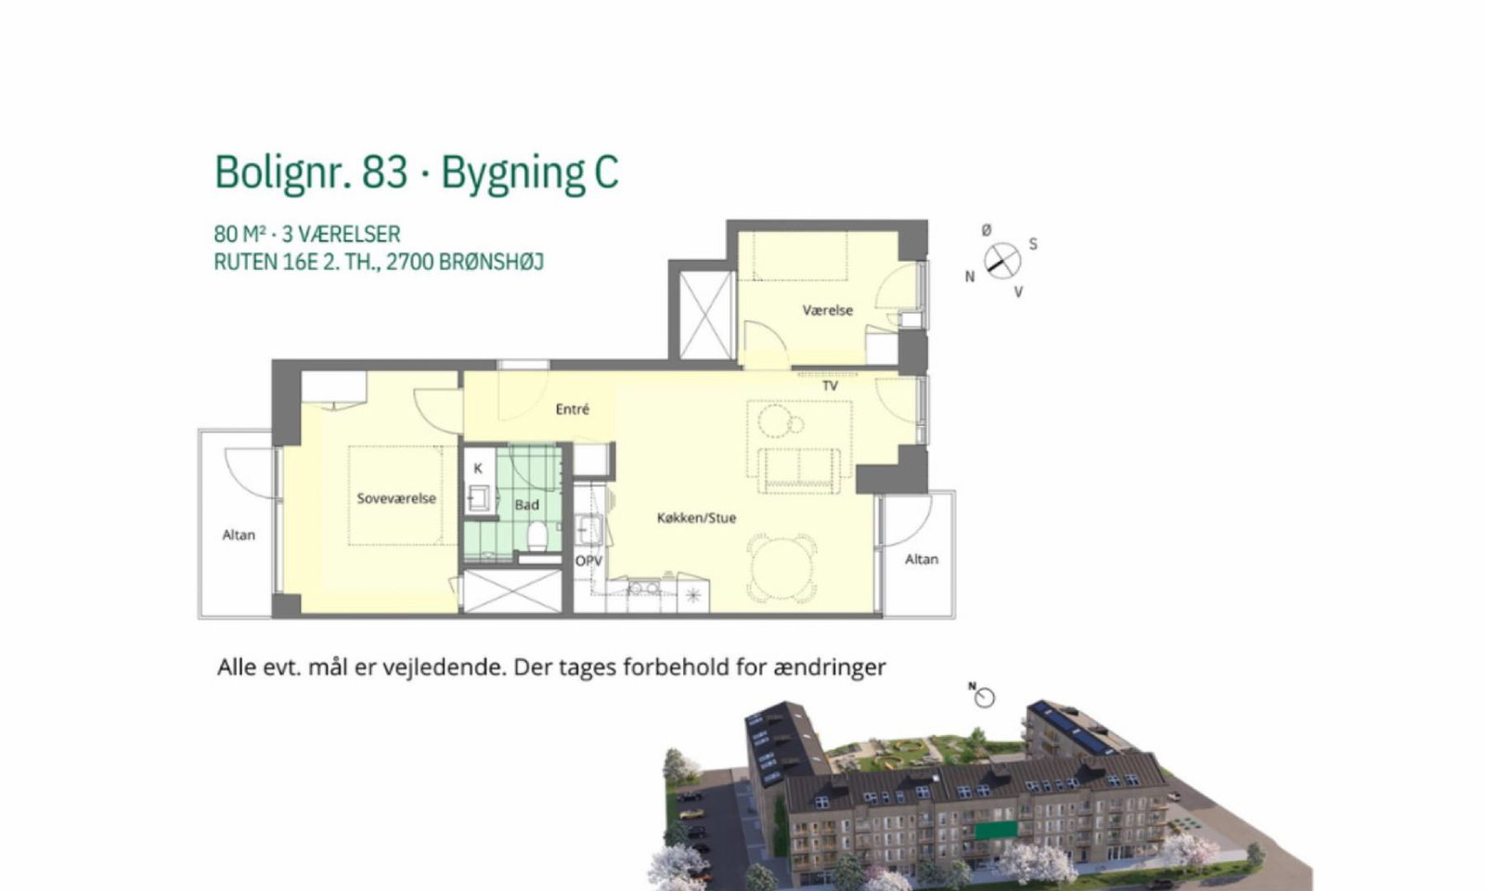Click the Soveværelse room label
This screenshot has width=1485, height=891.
click(396, 498)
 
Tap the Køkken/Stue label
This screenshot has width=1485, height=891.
click(696, 518)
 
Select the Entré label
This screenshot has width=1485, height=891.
click(572, 409)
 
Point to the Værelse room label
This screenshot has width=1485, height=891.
click(827, 310)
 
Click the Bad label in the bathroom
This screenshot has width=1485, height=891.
click(527, 505)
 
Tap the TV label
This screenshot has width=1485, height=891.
click(830, 386)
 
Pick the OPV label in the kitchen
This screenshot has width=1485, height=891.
click(588, 562)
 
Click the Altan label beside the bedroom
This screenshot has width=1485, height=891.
click(239, 535)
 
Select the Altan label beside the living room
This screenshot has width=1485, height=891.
click(922, 560)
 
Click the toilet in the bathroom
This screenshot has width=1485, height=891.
click(537, 535)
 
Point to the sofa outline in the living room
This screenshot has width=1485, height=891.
click(799, 471)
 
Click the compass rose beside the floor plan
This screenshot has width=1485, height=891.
click(1001, 261)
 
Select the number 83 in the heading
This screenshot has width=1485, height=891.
click(384, 173)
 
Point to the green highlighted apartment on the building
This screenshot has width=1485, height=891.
click(996, 830)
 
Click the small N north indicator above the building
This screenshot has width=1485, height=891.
click(973, 686)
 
